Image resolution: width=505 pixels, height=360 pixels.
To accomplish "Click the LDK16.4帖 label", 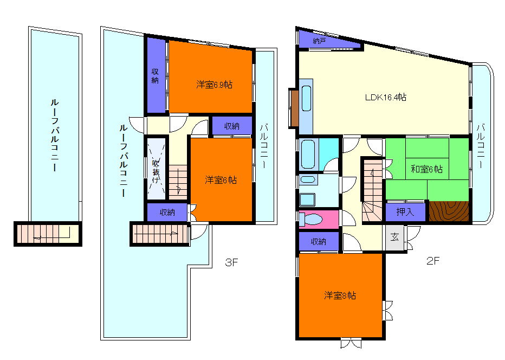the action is tap(385, 97).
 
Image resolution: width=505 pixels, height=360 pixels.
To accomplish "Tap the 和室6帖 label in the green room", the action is tap(426, 169).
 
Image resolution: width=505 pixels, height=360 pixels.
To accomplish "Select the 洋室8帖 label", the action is tap(340, 295).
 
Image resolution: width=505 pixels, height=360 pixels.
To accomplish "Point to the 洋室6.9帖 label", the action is tap(215, 85).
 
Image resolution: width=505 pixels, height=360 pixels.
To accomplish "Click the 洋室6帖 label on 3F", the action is tap(221, 179).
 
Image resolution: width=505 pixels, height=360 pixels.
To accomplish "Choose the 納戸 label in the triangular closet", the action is tap(319, 41).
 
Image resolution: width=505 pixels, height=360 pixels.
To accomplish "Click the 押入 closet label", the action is tap(405, 212).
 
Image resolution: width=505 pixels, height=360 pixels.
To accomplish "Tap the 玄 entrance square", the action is tap(394, 237).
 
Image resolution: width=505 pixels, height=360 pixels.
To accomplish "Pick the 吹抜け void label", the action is tap(156, 171).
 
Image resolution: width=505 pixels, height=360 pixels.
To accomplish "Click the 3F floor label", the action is tap(231, 262).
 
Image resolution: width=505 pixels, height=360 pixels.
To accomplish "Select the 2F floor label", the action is tap(433, 261).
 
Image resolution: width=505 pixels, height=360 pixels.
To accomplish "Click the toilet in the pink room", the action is tap(310, 220).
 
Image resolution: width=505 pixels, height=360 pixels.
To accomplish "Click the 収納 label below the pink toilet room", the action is tap(319, 241).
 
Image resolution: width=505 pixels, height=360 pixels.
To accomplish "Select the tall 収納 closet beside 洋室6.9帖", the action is tap(156, 76).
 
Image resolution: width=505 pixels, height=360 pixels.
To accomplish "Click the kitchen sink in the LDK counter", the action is tap(306, 98).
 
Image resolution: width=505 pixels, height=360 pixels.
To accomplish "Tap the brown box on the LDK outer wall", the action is tap(294, 108).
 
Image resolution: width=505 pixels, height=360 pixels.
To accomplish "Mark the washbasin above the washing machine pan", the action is tap(308, 179).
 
